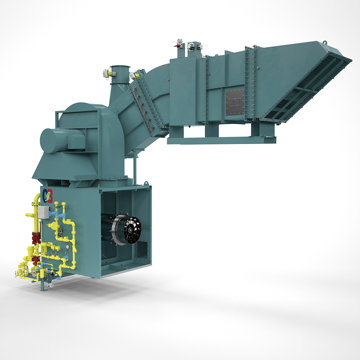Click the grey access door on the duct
click(234, 103)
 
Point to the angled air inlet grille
click(306, 90)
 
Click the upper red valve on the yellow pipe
click(35, 237)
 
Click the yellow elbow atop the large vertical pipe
click(37, 196)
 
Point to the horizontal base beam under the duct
click(221, 140)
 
